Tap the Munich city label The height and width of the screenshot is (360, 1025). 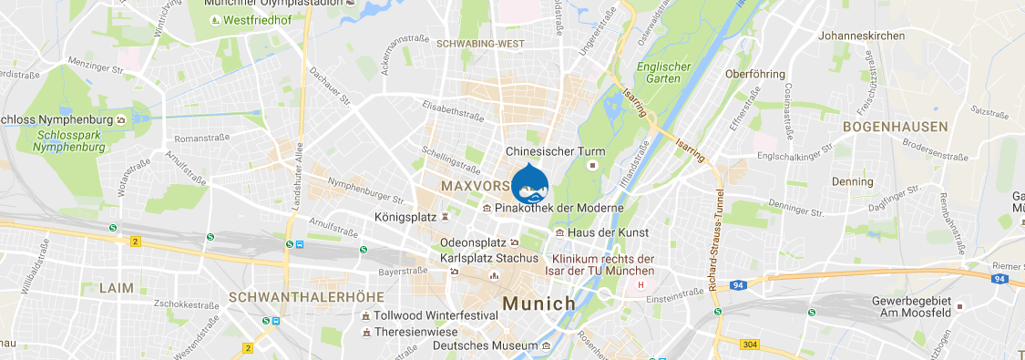538,303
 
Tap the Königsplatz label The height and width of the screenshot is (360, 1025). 405,218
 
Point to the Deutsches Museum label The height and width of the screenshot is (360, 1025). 486,346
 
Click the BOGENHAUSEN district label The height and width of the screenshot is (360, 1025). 896,127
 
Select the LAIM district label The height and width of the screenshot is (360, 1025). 116,288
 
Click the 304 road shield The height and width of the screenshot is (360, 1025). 750,344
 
